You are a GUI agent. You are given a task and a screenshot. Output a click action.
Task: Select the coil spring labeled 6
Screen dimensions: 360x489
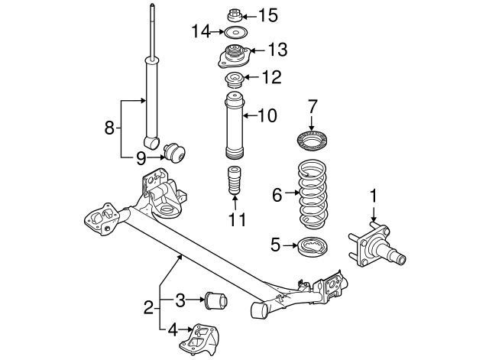(312, 195)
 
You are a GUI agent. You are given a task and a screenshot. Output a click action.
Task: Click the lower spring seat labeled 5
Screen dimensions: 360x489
(311, 248)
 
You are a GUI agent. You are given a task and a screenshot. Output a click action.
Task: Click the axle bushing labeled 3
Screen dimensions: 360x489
(215, 300)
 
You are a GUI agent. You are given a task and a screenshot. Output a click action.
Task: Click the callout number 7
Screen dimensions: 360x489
(312, 105)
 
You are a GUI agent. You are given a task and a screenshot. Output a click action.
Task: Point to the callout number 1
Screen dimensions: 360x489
(374, 196)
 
